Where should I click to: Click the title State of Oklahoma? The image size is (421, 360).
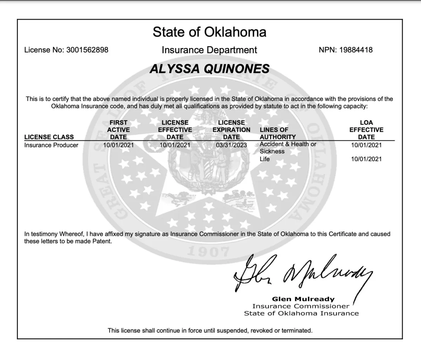coord(209,32)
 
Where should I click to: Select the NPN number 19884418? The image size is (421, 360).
coord(356,50)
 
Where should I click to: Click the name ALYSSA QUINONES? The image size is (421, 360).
coord(209,69)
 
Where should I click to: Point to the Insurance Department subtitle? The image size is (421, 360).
coord(209,50)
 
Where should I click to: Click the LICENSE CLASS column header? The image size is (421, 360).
coord(49,137)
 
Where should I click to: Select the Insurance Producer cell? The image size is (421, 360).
coord(51,145)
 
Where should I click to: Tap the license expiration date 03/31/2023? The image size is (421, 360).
coord(231,145)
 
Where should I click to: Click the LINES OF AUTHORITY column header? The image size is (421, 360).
coord(278,133)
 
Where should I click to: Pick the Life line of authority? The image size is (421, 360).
coord(265,159)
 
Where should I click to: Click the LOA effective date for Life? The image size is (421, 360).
coord(366,159)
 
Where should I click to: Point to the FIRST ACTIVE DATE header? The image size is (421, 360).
coord(119,130)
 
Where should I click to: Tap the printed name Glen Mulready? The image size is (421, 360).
coord(303,299)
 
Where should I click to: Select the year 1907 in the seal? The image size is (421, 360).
coord(208,252)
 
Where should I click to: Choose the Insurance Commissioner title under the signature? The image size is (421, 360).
coord(301,306)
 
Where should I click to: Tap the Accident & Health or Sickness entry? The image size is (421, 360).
coord(288,148)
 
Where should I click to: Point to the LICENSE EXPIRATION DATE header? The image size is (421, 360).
coord(231,130)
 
